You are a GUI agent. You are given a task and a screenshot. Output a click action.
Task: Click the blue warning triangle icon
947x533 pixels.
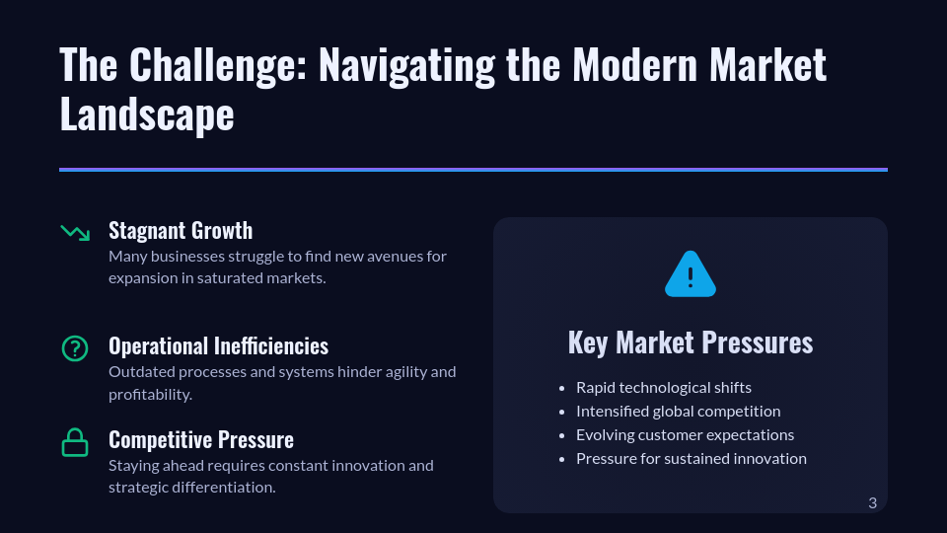[691, 274]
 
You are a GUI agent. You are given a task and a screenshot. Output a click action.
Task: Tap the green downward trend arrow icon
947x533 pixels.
[76, 232]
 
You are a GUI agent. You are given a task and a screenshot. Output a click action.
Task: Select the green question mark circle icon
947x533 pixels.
[75, 348]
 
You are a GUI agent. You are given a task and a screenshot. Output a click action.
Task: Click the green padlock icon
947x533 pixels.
[75, 442]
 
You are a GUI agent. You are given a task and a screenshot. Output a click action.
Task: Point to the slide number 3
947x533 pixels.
[872, 502]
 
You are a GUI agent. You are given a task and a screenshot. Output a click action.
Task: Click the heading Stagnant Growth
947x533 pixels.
[181, 230]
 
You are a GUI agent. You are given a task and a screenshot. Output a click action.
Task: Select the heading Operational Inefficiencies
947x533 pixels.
[219, 346]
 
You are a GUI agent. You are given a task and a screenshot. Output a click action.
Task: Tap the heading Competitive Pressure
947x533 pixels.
[201, 440]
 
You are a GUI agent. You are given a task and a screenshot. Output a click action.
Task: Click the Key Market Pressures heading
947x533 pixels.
[691, 343]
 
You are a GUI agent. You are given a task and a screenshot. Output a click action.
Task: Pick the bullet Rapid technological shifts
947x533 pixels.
[664, 387]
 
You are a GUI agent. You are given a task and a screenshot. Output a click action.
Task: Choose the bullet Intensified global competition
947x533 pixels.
[679, 411]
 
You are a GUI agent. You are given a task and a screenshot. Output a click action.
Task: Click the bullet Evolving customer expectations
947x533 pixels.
[685, 435]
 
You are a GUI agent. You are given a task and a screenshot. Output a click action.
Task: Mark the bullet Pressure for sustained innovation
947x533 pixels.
[691, 459]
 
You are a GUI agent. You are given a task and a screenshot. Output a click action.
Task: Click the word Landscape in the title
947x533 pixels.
[147, 114]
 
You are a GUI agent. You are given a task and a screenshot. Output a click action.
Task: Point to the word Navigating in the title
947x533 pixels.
[406, 65]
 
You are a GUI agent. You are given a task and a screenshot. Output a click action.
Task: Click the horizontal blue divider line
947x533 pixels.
[473, 170]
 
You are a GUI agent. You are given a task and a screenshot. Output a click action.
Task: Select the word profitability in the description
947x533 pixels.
[150, 395]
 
